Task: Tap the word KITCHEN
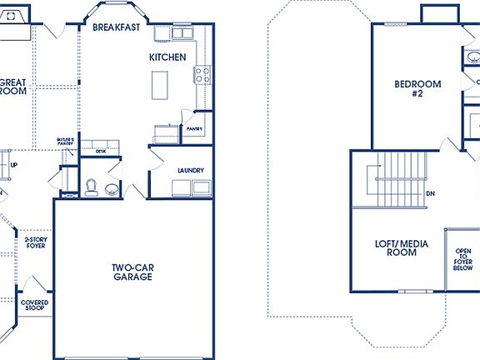(x=167, y=57)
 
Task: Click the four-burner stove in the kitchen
(x=202, y=76)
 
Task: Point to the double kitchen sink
(x=182, y=32)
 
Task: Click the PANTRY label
(x=196, y=130)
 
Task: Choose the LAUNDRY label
(x=191, y=171)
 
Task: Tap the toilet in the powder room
(x=92, y=186)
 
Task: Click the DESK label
(x=100, y=152)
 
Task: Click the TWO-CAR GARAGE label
(x=132, y=272)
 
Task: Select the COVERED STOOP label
(x=34, y=306)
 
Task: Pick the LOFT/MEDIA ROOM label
(x=395, y=247)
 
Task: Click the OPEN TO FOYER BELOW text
(x=463, y=260)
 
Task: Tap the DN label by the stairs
(x=430, y=193)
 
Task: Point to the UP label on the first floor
(x=13, y=165)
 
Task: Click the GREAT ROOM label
(x=12, y=87)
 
